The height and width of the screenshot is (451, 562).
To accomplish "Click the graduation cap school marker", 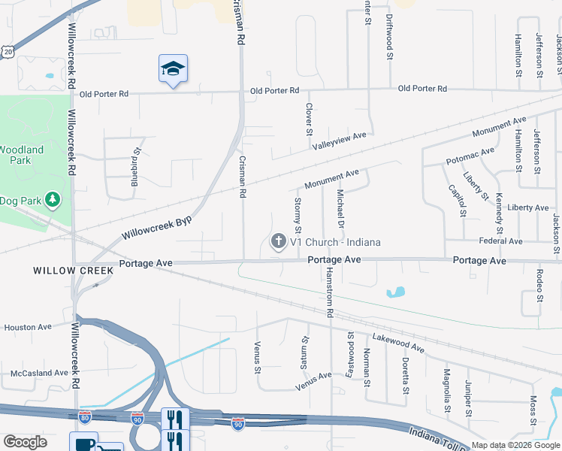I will click(x=173, y=69).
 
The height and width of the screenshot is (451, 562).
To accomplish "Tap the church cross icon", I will click(x=278, y=241).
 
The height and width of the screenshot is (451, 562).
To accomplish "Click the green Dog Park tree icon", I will click(x=53, y=200).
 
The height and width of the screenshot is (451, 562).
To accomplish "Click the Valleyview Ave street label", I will click(x=339, y=140).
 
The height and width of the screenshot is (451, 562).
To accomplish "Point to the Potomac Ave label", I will click(x=470, y=156).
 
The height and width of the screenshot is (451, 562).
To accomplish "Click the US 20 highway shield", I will click(x=8, y=50).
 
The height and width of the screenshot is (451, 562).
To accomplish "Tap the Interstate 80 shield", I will click(x=85, y=416).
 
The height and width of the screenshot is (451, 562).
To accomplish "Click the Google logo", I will click(x=25, y=442).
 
